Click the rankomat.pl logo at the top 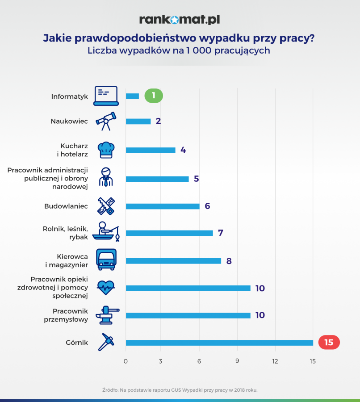click(x=180, y=20)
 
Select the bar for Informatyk click(x=132, y=96)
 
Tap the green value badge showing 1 click(x=154, y=96)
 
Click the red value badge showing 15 click(x=329, y=343)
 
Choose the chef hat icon click(x=106, y=150)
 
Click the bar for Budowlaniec click(x=163, y=206)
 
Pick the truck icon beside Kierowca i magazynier click(x=106, y=260)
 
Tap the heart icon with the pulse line click(x=106, y=287)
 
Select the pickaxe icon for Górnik click(x=106, y=343)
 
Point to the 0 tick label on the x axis click(x=126, y=361)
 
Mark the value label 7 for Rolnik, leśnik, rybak click(x=221, y=233)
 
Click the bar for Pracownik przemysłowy click(x=188, y=315)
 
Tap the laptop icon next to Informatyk click(x=106, y=96)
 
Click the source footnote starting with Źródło click(x=180, y=390)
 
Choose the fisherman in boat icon click(x=106, y=231)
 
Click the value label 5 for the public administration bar click(x=197, y=179)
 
